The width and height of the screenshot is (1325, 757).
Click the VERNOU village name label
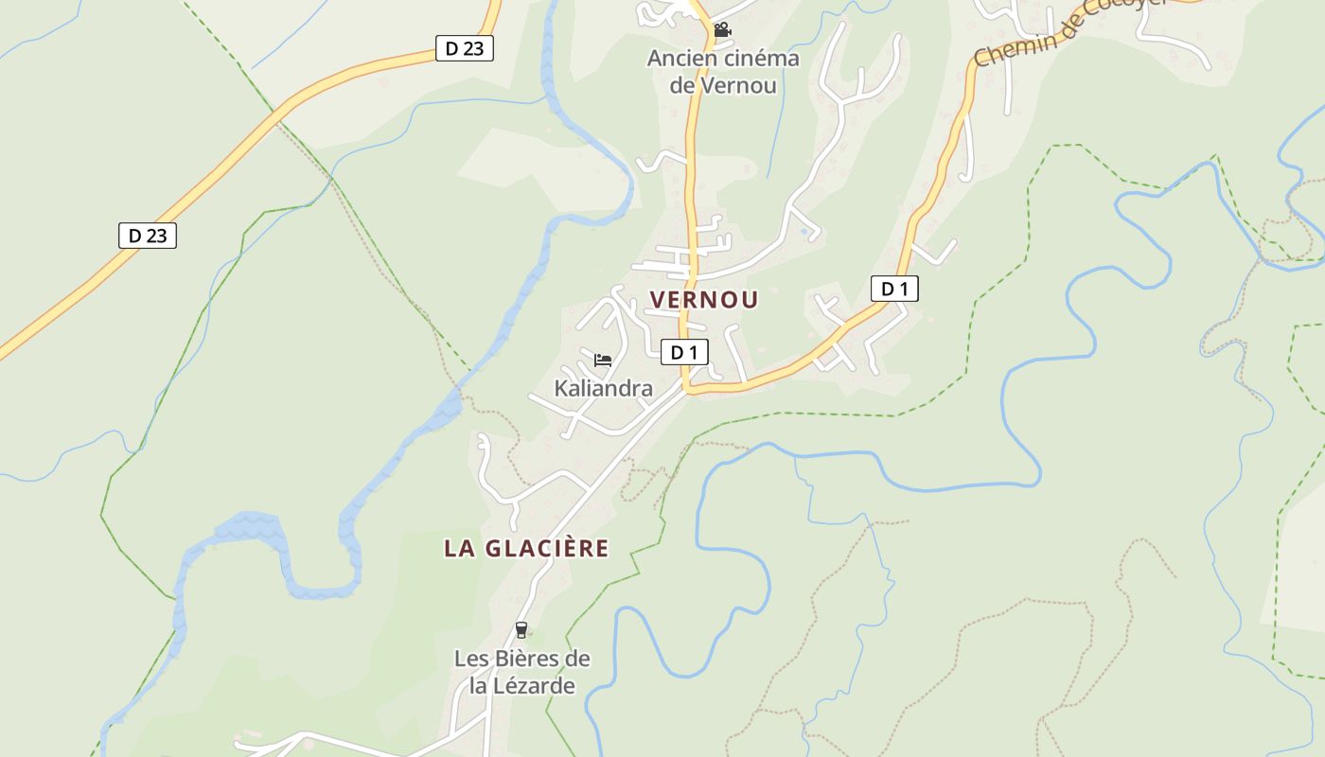click(704, 300)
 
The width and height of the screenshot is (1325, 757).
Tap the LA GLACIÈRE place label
click(526, 548)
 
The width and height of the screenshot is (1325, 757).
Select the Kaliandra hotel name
click(603, 388)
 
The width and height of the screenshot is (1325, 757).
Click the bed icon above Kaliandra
click(603, 360)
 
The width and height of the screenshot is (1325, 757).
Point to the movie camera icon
click(722, 30)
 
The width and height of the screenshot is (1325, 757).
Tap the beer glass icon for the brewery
click(521, 630)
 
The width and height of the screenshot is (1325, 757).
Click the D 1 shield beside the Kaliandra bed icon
click(683, 352)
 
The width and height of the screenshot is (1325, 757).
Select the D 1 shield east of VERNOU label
click(894, 289)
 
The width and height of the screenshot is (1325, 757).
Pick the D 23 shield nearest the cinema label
click(465, 48)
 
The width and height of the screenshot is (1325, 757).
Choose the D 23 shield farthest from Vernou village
click(148, 236)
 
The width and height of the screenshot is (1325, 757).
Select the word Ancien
click(675, 59)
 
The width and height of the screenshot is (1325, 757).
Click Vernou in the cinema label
click(738, 85)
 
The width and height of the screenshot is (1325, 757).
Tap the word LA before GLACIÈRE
click(460, 548)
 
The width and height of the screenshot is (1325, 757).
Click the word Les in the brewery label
click(471, 659)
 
